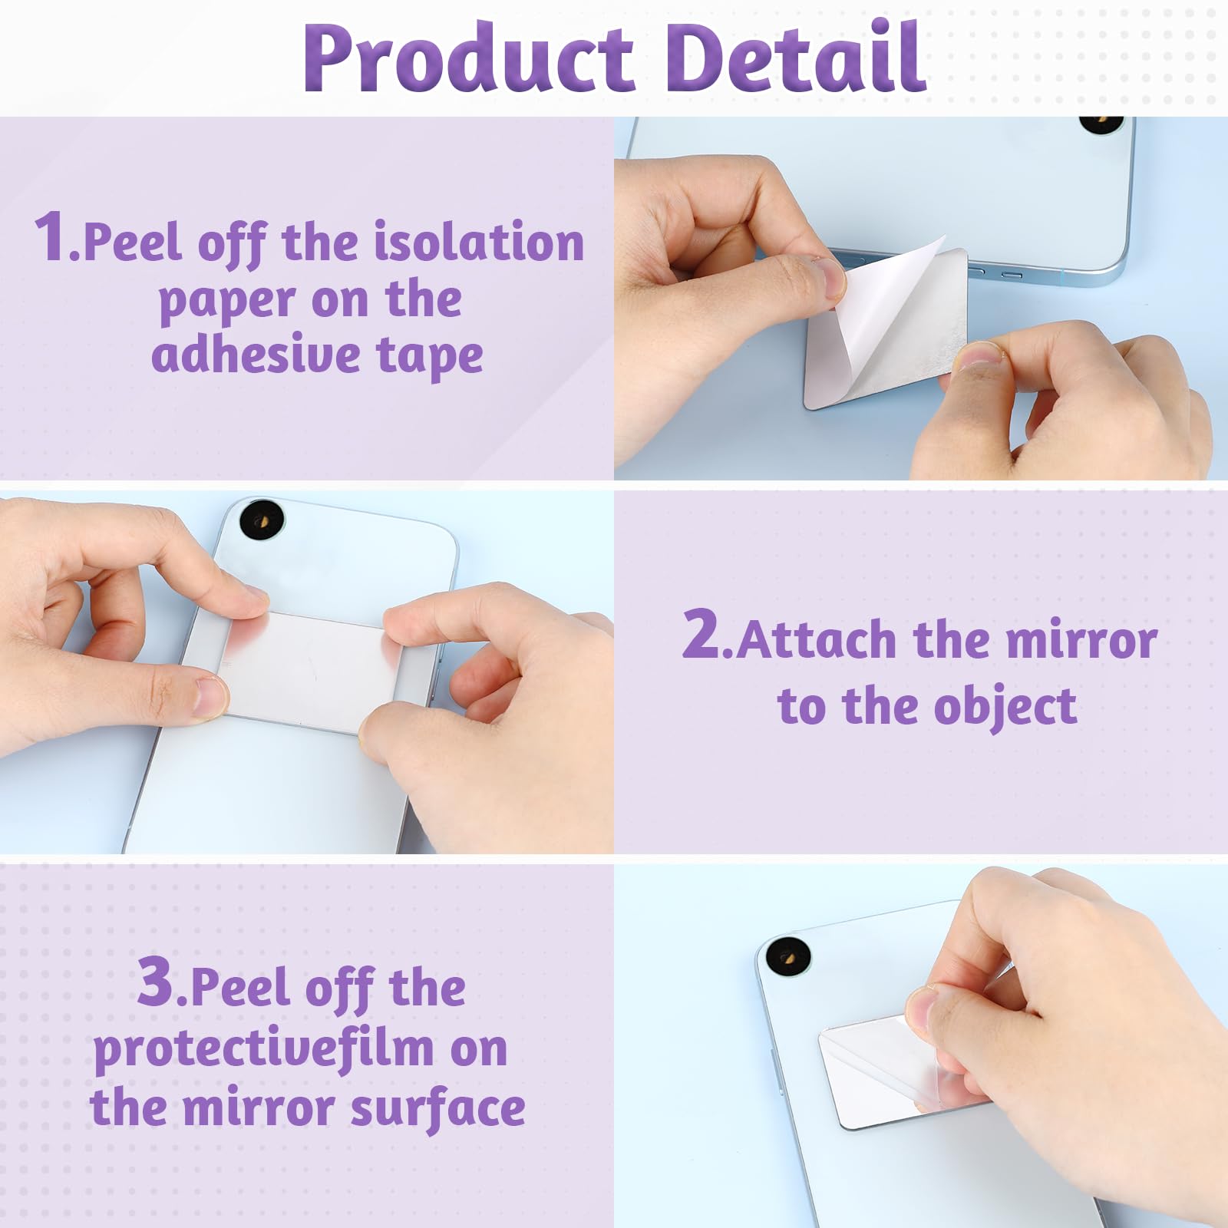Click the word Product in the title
click(x=468, y=59)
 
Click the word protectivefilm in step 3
click(x=263, y=1049)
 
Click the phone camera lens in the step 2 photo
click(x=262, y=519)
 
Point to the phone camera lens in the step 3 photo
click(x=788, y=957)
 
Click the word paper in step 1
click(x=227, y=301)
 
